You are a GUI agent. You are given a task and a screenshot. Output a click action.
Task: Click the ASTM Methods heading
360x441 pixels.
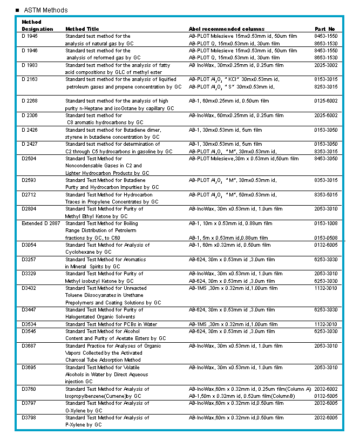point(46,10)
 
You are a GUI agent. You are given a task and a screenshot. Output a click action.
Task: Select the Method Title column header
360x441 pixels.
point(82,29)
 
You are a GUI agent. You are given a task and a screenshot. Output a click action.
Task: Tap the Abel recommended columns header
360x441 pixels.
point(227,29)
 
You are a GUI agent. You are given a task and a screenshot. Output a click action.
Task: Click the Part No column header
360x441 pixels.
point(325,29)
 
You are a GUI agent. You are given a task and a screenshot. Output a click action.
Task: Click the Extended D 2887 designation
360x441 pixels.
point(41,223)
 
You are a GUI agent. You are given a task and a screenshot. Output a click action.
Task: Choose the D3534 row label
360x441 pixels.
point(29,324)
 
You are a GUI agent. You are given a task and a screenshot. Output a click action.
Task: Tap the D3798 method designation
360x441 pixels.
point(29,418)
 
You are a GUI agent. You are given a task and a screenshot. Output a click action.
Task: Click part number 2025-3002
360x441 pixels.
point(326,65)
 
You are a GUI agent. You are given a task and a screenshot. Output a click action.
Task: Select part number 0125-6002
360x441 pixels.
point(326,101)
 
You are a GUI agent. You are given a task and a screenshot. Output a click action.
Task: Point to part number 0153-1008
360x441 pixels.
point(326,223)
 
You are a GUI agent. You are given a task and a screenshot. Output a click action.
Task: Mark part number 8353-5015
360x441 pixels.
point(326,195)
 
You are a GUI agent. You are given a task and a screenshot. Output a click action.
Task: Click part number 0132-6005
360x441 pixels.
point(326,245)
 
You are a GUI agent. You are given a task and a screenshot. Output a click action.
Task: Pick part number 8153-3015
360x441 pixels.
point(326,79)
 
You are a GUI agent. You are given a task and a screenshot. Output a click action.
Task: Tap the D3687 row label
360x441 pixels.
point(29,346)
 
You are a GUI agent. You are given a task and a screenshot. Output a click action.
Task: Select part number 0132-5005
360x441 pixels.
point(326,396)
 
